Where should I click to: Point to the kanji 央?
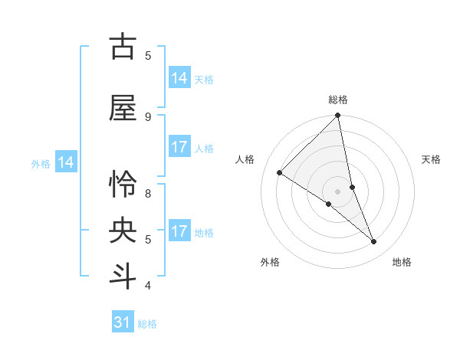click(123, 231)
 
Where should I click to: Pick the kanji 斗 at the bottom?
click(123, 277)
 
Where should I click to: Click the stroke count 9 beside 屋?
click(148, 116)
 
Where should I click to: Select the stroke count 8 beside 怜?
click(148, 193)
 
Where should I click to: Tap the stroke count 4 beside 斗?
click(148, 285)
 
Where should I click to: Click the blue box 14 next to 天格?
click(179, 78)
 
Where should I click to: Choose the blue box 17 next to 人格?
click(179, 147)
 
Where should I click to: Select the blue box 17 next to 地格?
click(179, 231)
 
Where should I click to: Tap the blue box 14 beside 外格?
click(66, 162)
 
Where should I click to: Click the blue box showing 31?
click(123, 322)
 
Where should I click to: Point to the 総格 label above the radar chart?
click(338, 100)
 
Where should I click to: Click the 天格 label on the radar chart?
click(431, 159)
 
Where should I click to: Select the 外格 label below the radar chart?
click(270, 262)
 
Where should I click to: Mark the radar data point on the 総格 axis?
click(338, 116)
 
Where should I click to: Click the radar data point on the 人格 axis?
click(280, 172)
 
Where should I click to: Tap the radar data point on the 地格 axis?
click(374, 241)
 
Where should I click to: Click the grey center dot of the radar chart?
click(338, 191)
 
